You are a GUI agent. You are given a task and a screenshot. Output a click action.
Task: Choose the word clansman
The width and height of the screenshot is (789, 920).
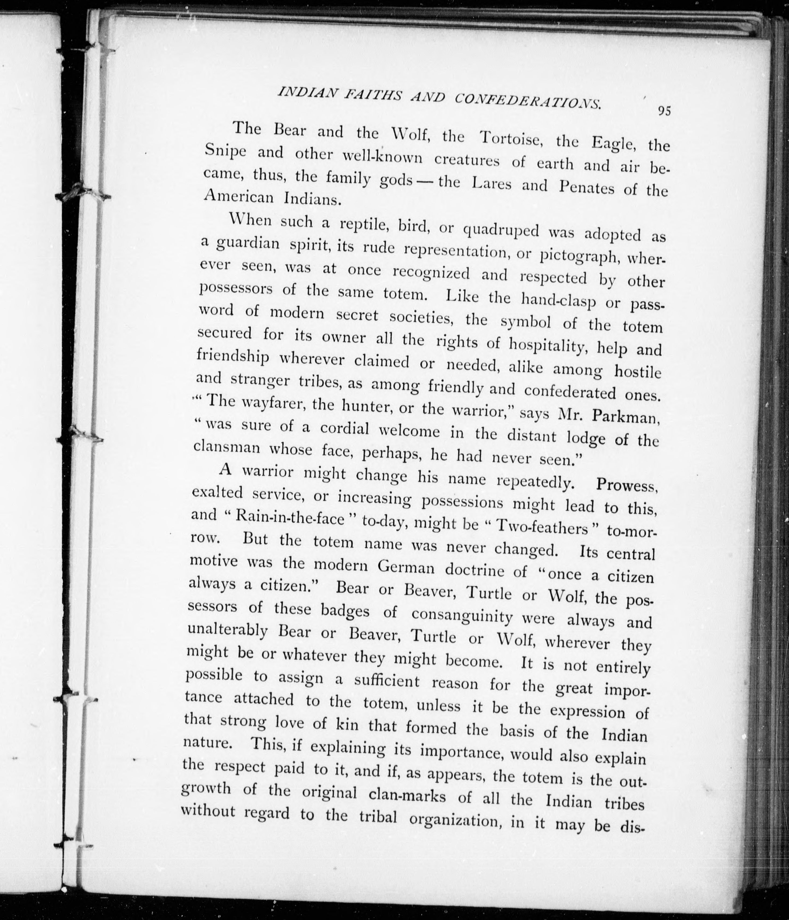(x=227, y=447)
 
